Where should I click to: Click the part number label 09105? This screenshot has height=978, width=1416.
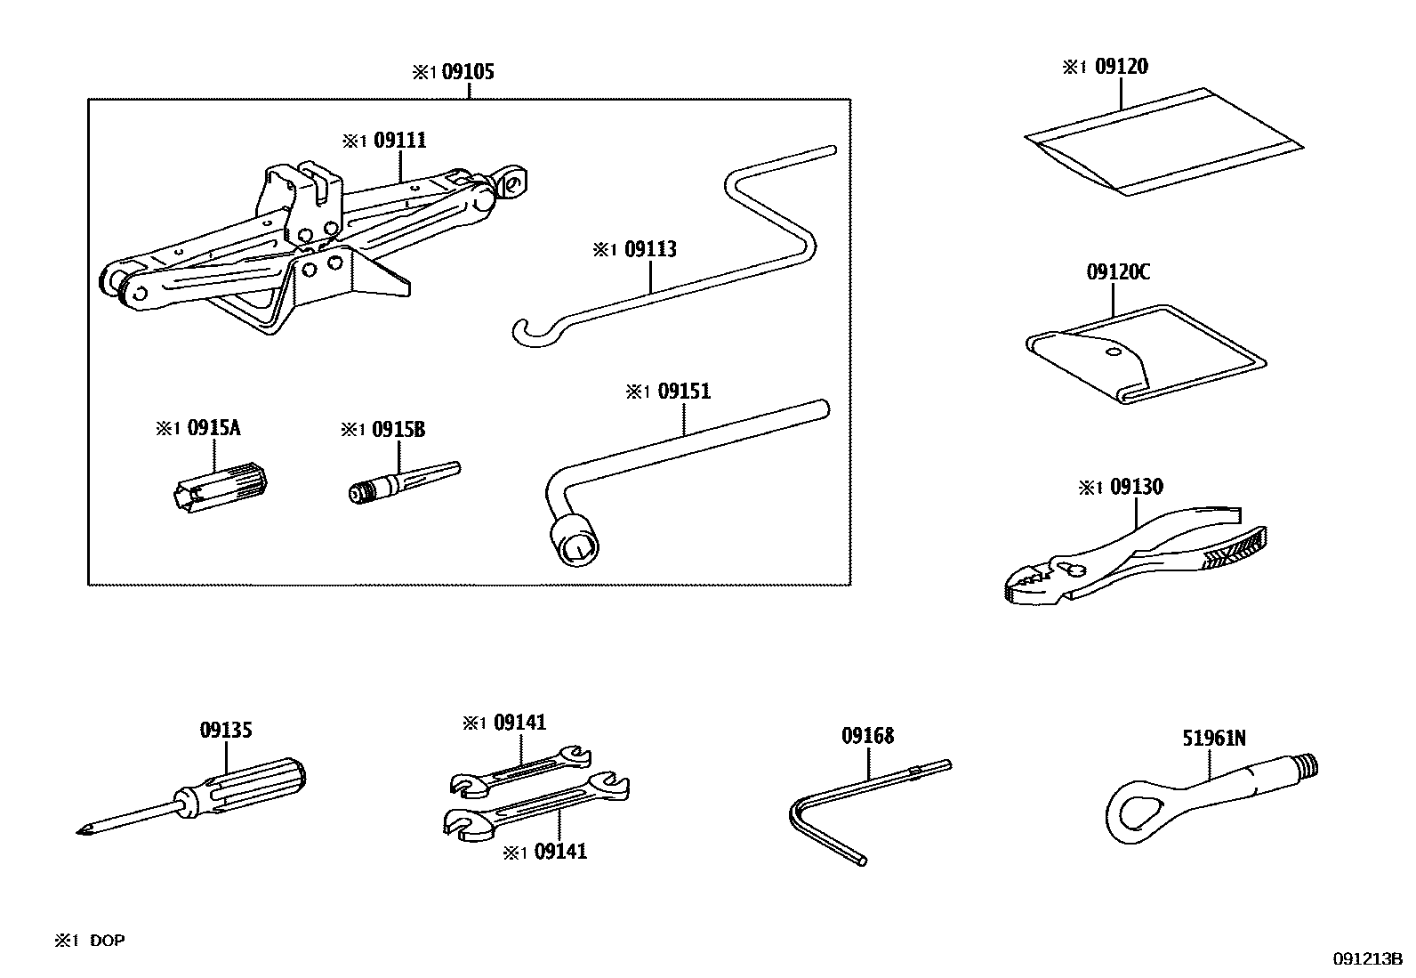pyautogui.click(x=468, y=72)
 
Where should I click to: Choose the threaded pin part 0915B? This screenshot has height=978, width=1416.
pyautogui.click(x=400, y=483)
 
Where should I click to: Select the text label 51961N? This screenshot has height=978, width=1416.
pyautogui.click(x=1213, y=738)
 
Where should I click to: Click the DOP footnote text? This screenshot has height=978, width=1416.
pyautogui.click(x=107, y=941)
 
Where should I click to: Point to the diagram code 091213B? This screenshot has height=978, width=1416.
pyautogui.click(x=1366, y=958)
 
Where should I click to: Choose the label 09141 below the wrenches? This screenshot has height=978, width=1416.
pyautogui.click(x=559, y=852)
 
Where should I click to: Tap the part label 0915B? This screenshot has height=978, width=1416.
pyautogui.click(x=398, y=430)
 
